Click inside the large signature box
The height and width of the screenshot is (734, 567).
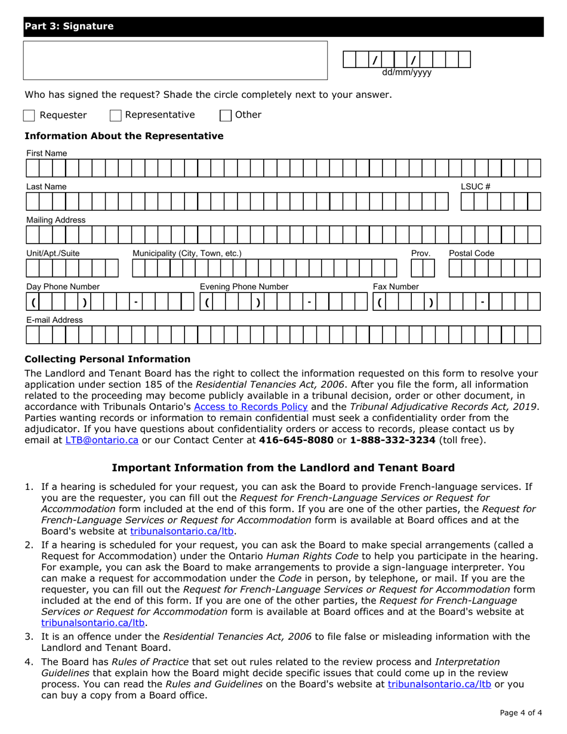175,60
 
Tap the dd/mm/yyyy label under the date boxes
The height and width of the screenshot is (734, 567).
406,73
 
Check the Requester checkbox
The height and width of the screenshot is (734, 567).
29,115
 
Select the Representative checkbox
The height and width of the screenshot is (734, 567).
116,115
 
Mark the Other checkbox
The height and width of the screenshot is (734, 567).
226,115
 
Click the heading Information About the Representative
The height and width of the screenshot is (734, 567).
124,136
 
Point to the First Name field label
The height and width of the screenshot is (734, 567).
46,153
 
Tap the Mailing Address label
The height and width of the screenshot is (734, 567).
55,220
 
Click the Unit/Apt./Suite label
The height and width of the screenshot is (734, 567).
53,254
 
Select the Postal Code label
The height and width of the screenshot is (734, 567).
472,254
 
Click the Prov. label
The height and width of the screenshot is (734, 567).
421,254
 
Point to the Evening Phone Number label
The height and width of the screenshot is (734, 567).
244,287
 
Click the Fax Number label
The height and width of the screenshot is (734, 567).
396,287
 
